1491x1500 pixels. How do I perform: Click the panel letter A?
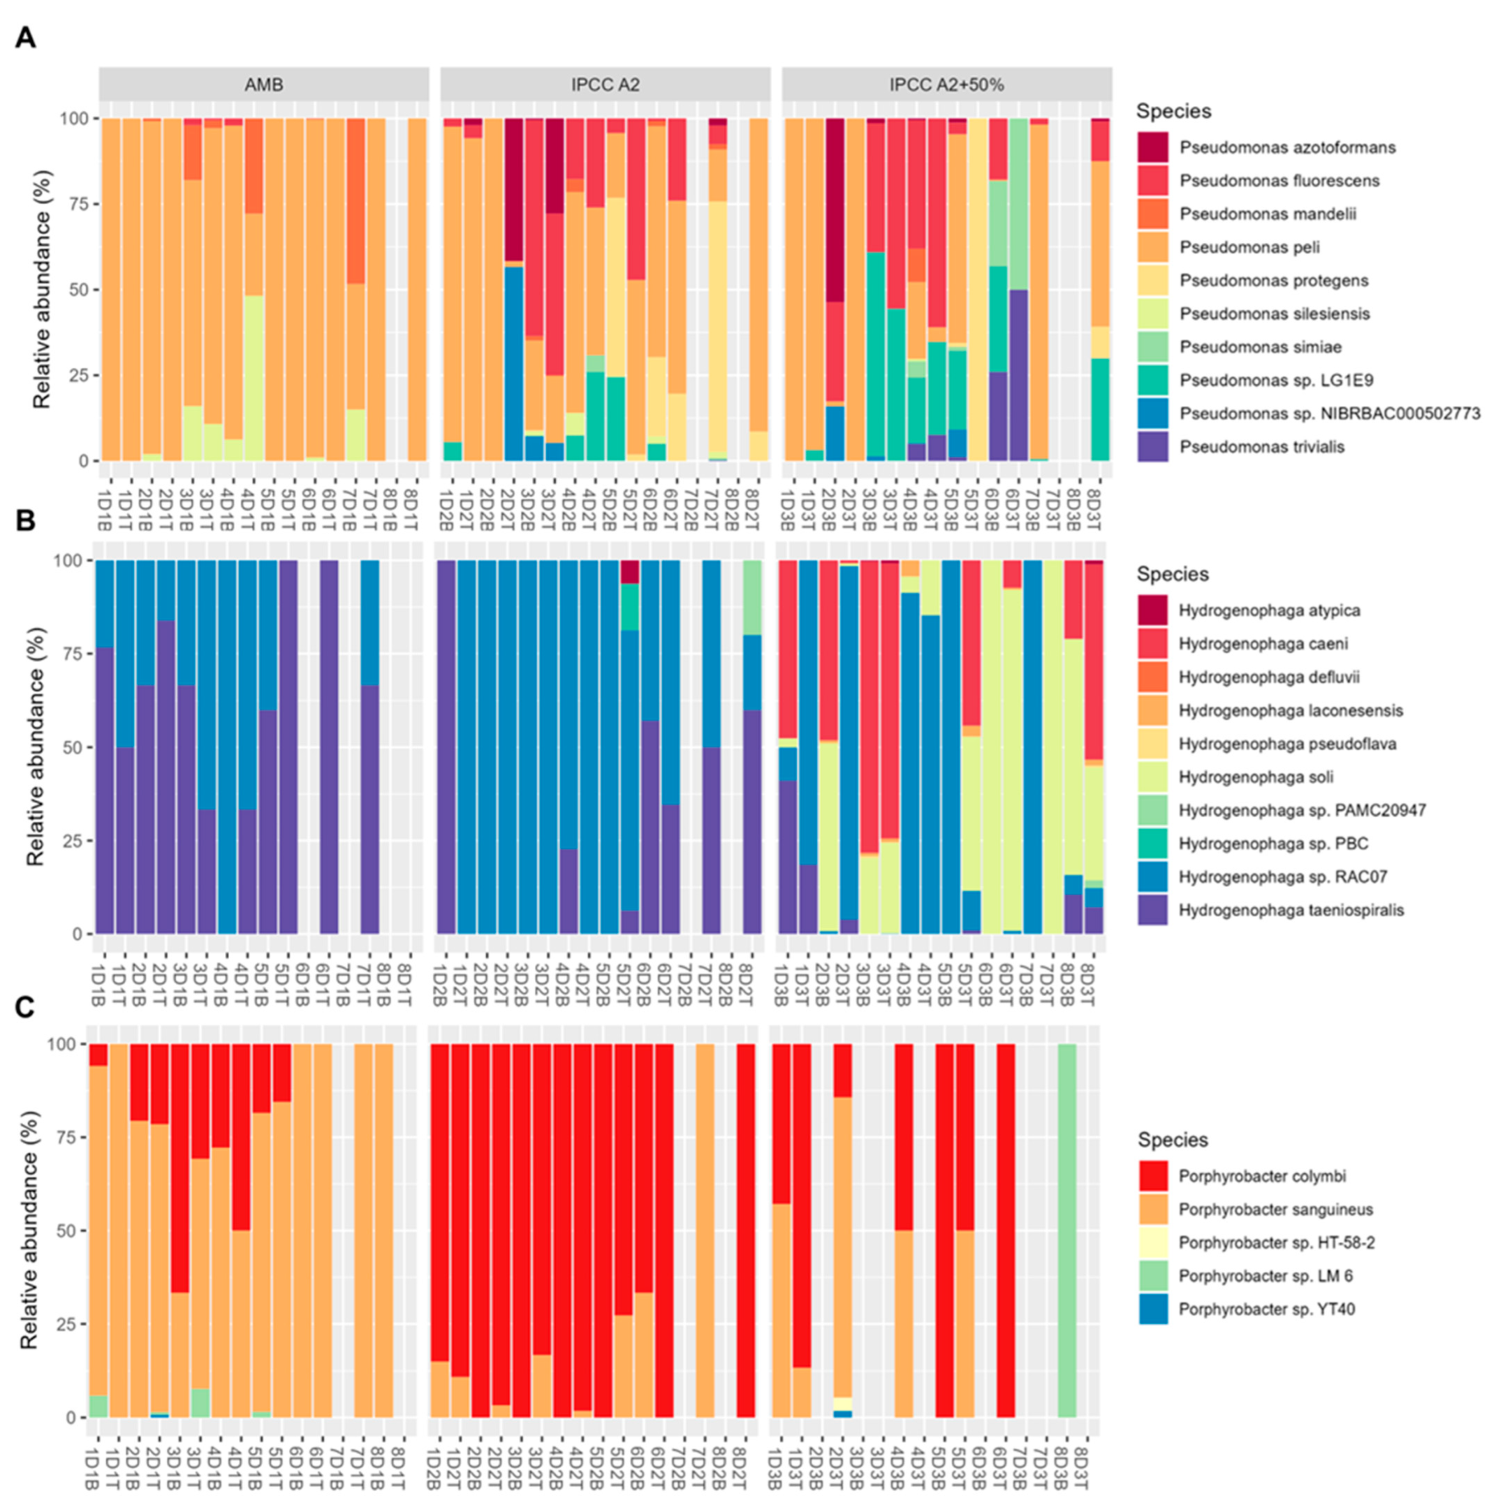pos(25,37)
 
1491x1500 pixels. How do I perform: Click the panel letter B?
pos(25,519)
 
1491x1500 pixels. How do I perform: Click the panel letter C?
pos(25,1007)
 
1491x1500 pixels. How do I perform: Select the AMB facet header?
pos(264,84)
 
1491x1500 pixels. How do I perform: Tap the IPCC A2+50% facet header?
pos(947,84)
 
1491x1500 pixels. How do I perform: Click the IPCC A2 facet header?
pos(606,84)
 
